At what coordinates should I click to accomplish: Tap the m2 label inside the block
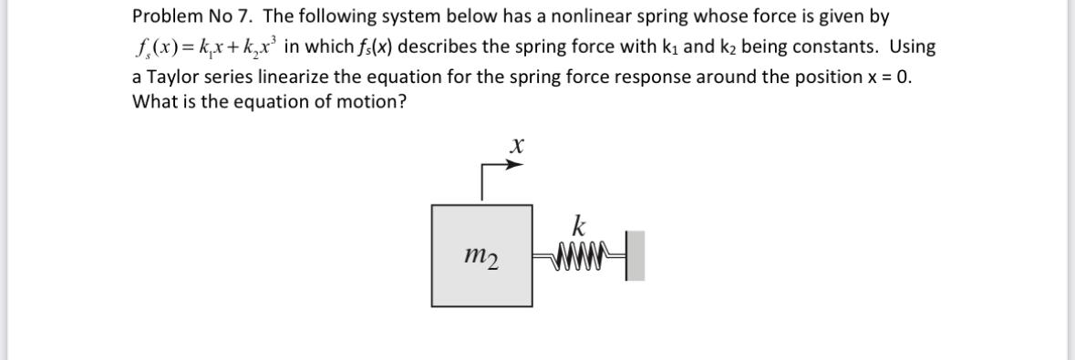481,260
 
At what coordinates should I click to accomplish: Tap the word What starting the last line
153,102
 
